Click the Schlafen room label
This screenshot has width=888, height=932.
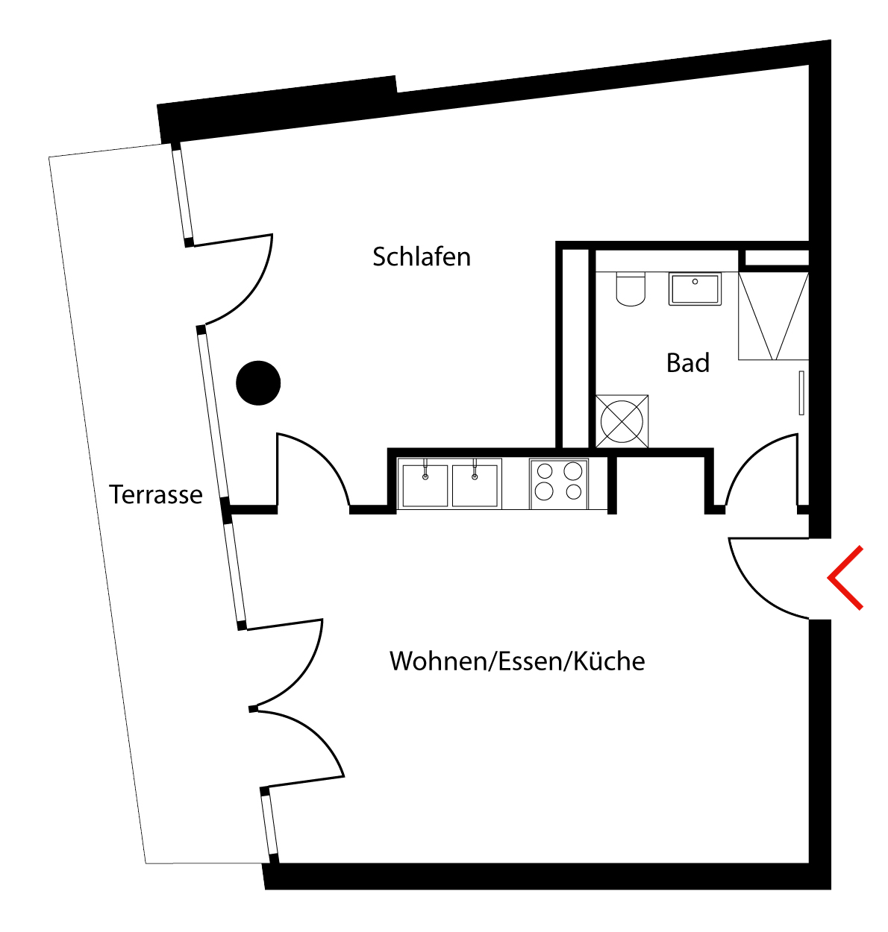point(421,256)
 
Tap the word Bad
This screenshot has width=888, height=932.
point(687,363)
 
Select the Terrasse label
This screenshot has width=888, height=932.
point(155,494)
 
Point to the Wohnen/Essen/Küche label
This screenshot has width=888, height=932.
point(516,661)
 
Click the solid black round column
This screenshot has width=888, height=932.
point(258,382)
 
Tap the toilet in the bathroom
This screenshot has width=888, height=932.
point(631,289)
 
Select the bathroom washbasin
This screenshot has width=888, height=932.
point(695,289)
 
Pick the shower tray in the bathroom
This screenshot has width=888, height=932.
point(773,316)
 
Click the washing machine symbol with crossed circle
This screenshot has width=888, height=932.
point(622,421)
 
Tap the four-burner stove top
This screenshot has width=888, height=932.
point(559,482)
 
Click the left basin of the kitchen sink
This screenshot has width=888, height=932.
point(425,485)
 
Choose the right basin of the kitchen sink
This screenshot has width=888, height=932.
point(475,485)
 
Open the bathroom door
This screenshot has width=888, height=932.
point(760,473)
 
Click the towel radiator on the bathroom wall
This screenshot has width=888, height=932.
point(801,392)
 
